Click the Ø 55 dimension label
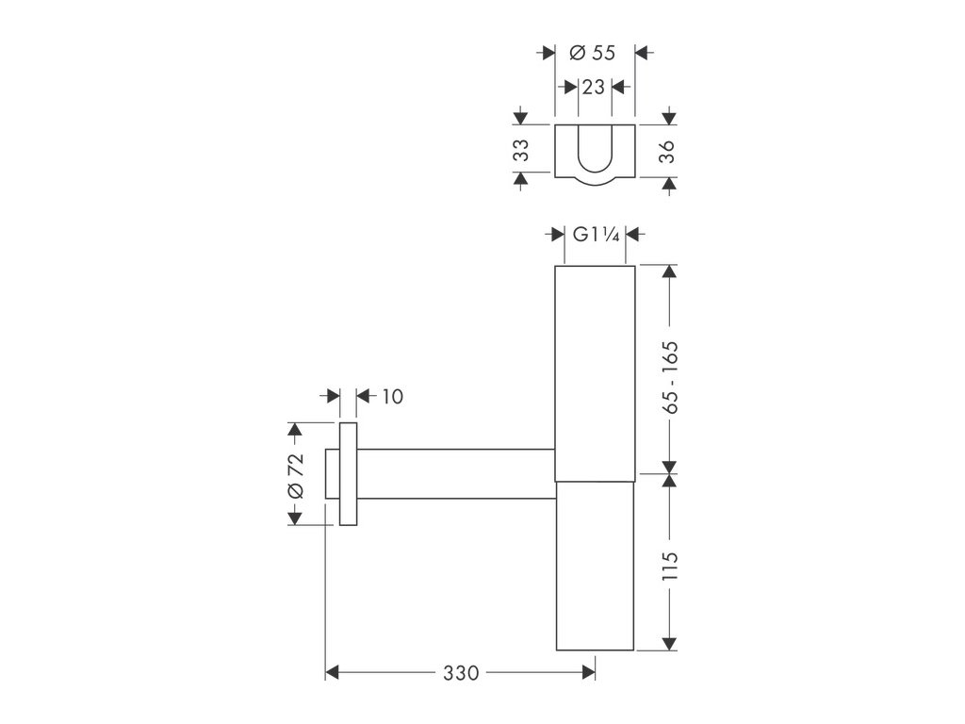click(592, 53)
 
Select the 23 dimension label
click(594, 88)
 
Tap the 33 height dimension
click(521, 150)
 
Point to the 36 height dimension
click(667, 152)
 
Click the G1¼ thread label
click(596, 235)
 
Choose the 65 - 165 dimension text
click(670, 377)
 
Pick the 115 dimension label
click(670, 566)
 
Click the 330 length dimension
click(460, 673)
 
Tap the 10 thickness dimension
click(392, 397)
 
